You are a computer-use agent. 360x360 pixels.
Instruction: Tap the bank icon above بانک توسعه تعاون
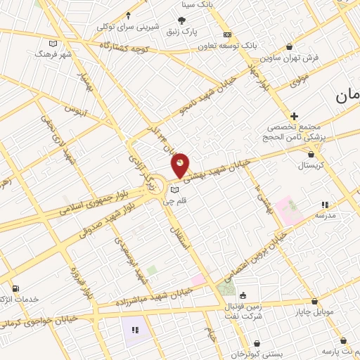227,34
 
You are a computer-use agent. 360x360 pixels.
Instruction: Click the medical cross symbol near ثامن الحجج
294,116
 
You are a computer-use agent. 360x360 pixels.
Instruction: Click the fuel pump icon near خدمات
15,288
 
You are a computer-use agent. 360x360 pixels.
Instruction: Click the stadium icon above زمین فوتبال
243,295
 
